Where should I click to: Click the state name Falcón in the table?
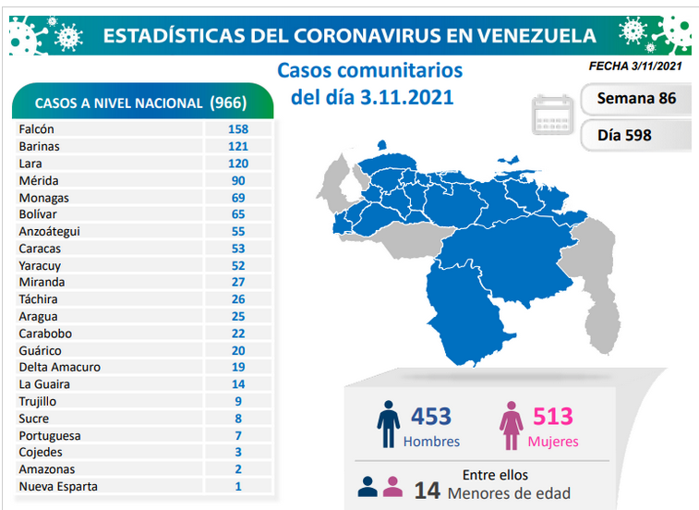[x=37, y=129]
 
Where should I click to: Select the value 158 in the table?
[x=238, y=129]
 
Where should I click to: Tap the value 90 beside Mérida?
[x=238, y=181]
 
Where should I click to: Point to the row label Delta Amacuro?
[x=60, y=367]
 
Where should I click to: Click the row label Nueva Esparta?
[x=58, y=486]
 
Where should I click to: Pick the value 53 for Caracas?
[x=238, y=249]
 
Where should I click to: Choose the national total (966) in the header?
[x=228, y=103]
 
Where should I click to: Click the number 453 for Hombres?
[x=430, y=417]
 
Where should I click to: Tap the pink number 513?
[x=553, y=417]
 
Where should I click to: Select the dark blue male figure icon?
[x=389, y=424]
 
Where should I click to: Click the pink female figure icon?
[x=511, y=425]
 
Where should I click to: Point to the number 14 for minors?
[x=428, y=491]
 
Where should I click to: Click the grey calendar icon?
[x=552, y=115]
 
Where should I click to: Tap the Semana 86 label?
[x=636, y=98]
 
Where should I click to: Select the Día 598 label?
[x=624, y=135]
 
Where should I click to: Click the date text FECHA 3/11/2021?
[x=635, y=66]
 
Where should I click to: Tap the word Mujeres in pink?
[x=553, y=442]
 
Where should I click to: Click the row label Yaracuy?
[x=40, y=266]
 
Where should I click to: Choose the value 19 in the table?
[x=238, y=367]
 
